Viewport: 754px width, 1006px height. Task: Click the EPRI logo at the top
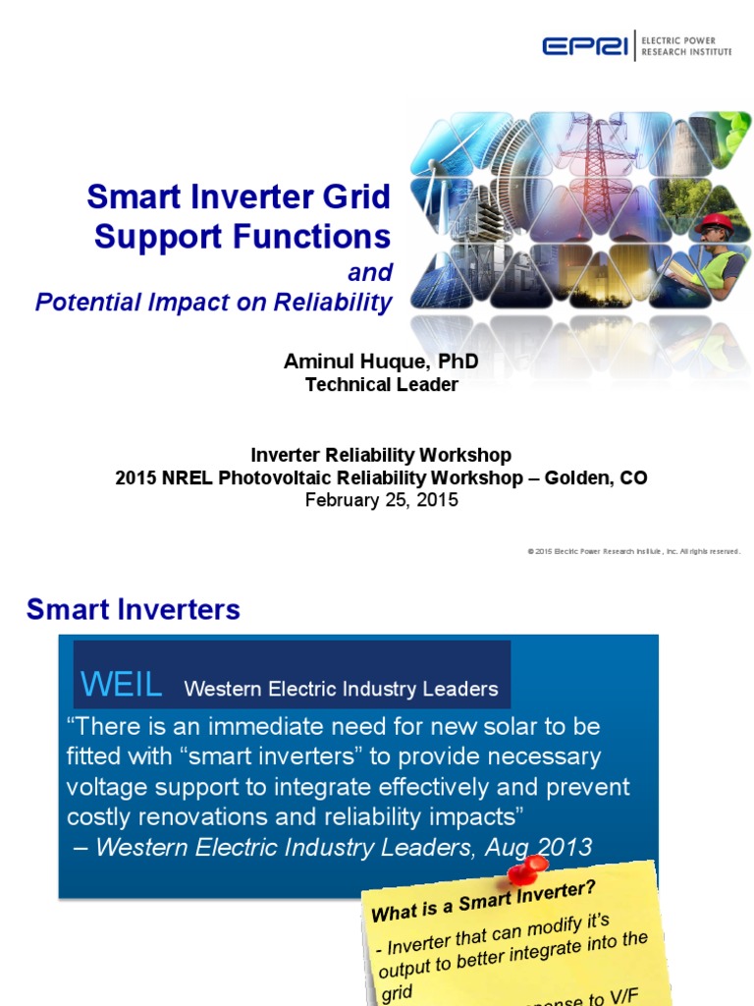click(586, 45)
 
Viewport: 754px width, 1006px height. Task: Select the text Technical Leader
click(381, 385)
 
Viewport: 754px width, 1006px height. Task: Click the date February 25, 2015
click(381, 500)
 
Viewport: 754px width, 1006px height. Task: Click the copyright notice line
click(633, 551)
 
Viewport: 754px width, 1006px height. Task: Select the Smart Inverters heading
click(134, 610)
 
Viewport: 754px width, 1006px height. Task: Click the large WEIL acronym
click(122, 685)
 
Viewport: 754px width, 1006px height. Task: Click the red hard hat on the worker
click(715, 221)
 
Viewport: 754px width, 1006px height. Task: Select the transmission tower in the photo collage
click(595, 157)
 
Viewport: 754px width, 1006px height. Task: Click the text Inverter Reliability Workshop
click(381, 455)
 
